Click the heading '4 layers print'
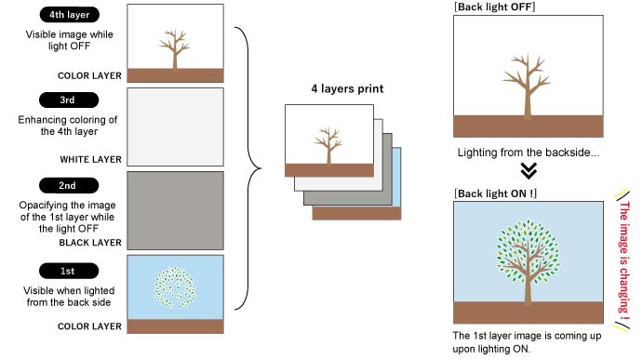pos(347,90)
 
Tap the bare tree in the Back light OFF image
pos(521,89)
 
